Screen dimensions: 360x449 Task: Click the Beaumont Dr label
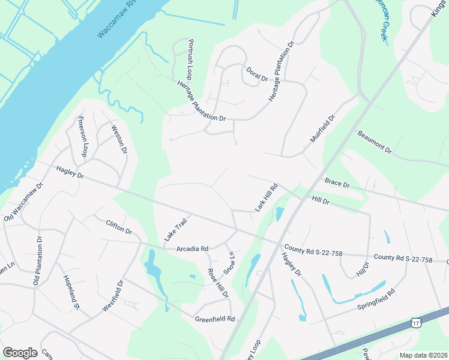pyautogui.click(x=374, y=142)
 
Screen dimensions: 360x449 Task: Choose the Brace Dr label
pyautogui.click(x=337, y=182)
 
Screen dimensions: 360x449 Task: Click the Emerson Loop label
pyautogui.click(x=84, y=137)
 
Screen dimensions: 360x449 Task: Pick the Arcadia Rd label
pyautogui.click(x=192, y=248)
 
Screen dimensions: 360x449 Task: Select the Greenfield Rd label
pyautogui.click(x=214, y=319)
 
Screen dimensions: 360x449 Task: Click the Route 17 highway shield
pyautogui.click(x=416, y=323)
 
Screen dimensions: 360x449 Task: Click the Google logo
pyautogui.click(x=20, y=352)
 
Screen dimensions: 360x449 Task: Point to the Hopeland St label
pyautogui.click(x=71, y=292)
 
